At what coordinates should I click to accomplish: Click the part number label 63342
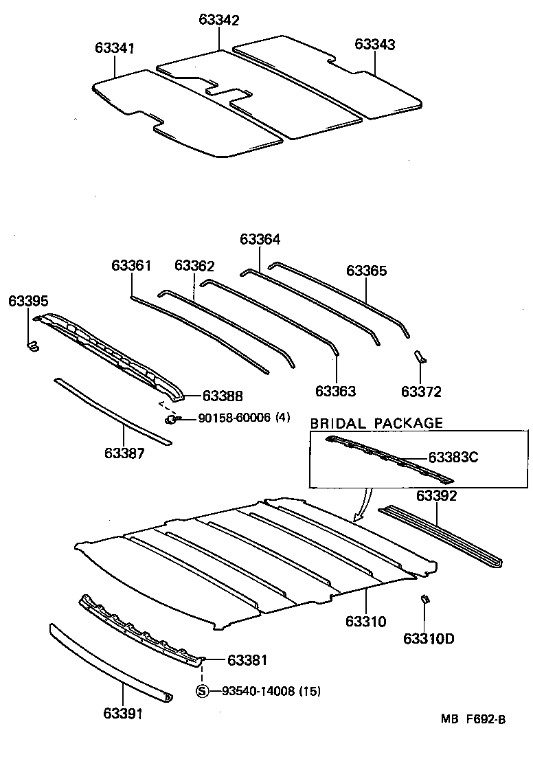[x=219, y=21]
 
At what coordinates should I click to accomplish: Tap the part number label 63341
[x=115, y=48]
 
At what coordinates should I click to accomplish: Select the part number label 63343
[x=375, y=45]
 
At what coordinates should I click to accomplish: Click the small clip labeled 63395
[x=32, y=346]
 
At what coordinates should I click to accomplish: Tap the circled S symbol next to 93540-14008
[x=202, y=691]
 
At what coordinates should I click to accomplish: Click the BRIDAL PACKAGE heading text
[x=376, y=423]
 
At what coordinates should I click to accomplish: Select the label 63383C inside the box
[x=453, y=457]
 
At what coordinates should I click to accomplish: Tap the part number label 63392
[x=437, y=496]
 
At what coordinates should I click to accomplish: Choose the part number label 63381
[x=247, y=660]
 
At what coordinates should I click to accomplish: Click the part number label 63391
[x=124, y=714]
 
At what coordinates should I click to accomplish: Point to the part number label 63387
[x=124, y=453]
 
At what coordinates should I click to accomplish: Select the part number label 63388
[x=223, y=396]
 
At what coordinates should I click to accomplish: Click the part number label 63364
[x=260, y=239]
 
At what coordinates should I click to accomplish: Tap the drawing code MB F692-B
[x=473, y=719]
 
